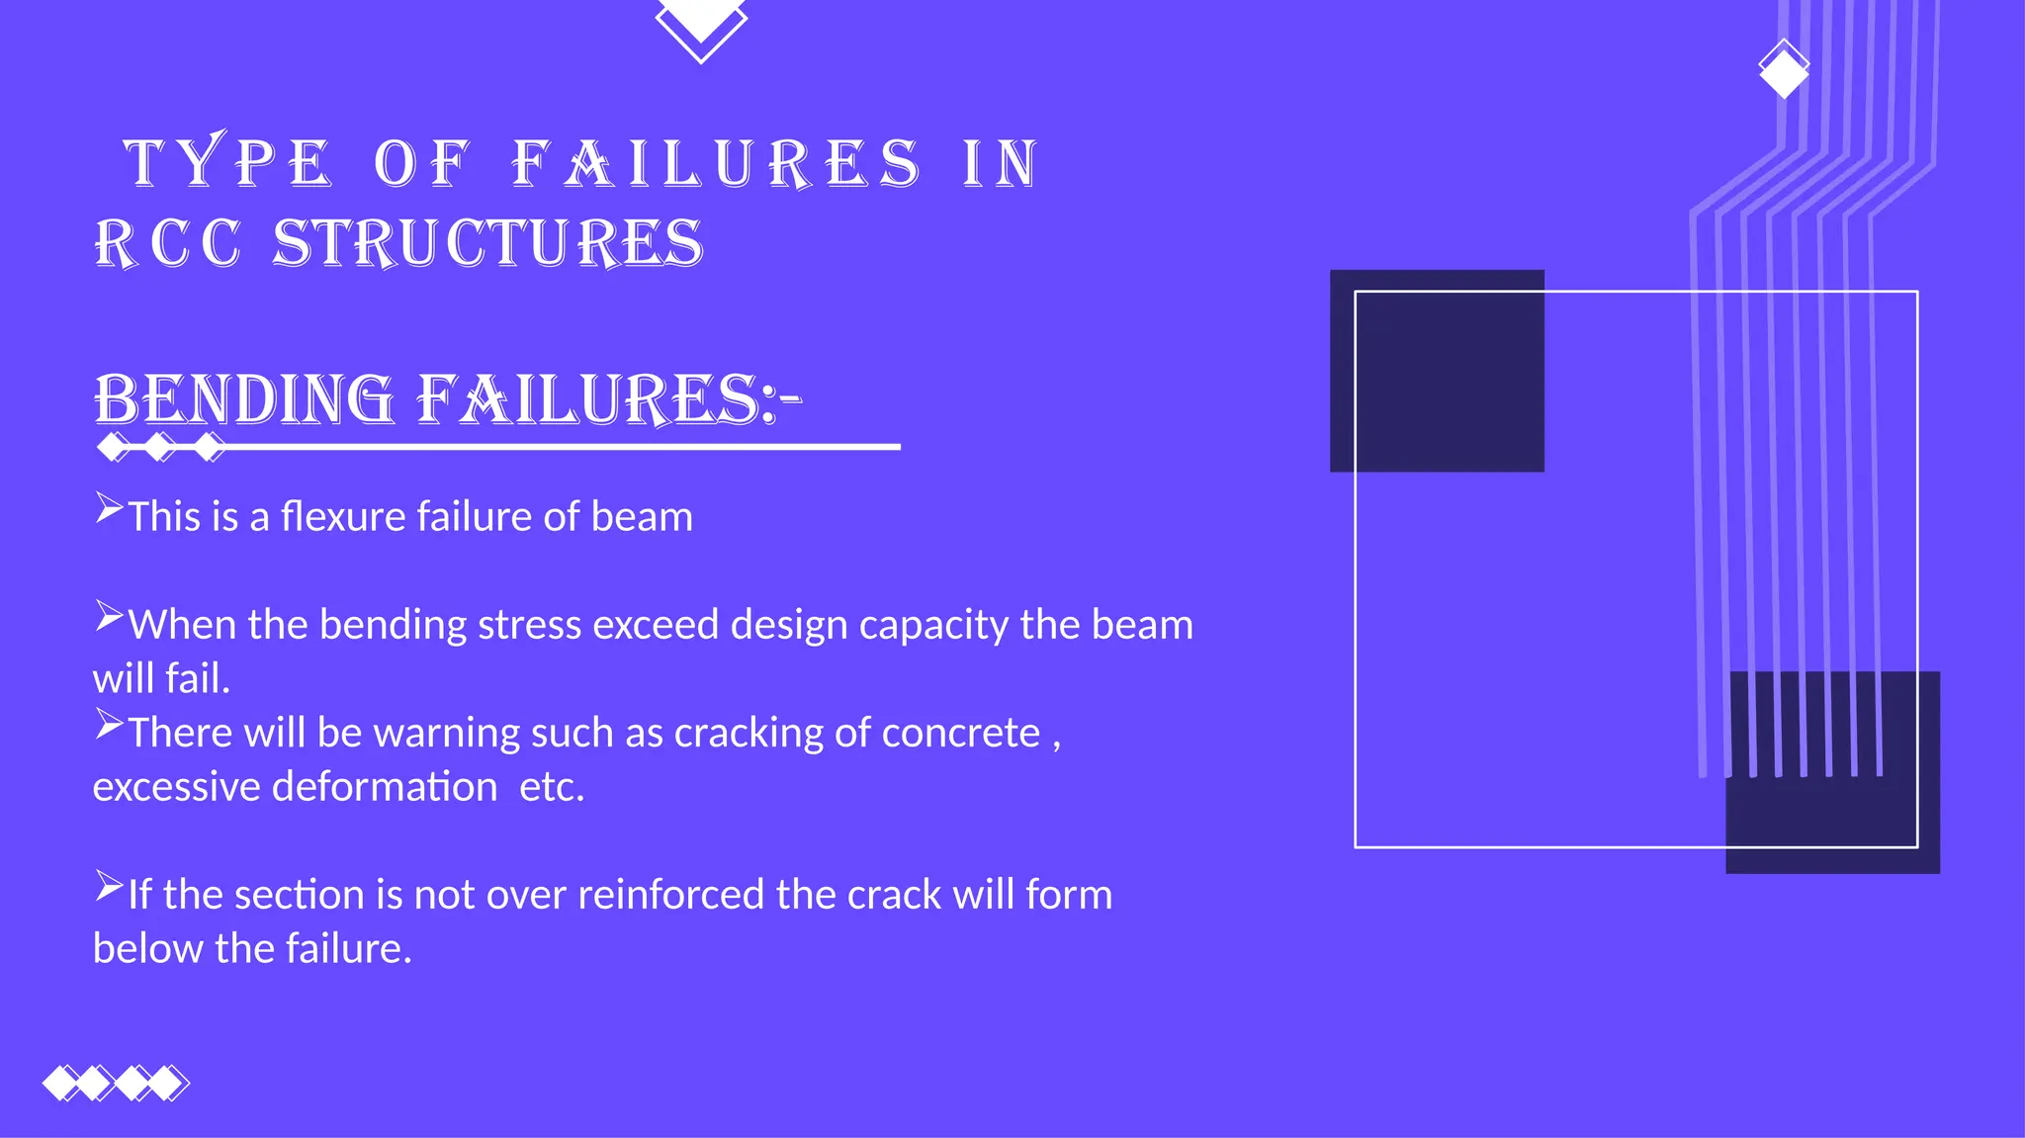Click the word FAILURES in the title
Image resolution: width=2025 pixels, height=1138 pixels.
(717, 163)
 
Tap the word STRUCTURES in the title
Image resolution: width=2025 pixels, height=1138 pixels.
(487, 243)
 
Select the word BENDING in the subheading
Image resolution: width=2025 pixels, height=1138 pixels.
(243, 400)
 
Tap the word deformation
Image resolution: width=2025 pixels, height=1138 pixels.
(385, 787)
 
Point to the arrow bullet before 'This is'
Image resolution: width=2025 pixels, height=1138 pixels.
(109, 509)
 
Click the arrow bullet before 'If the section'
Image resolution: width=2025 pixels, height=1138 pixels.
(109, 887)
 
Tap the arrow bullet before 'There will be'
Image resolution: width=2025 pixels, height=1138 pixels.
(109, 726)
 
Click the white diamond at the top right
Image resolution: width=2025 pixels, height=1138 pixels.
(1784, 69)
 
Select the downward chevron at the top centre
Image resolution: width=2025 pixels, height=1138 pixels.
(701, 28)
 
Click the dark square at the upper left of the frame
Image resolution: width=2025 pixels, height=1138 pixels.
(1437, 371)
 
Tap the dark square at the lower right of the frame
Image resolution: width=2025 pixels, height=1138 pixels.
(1832, 772)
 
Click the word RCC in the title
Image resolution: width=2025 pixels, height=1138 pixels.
(168, 243)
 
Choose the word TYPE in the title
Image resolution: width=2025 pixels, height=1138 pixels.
(226, 163)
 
